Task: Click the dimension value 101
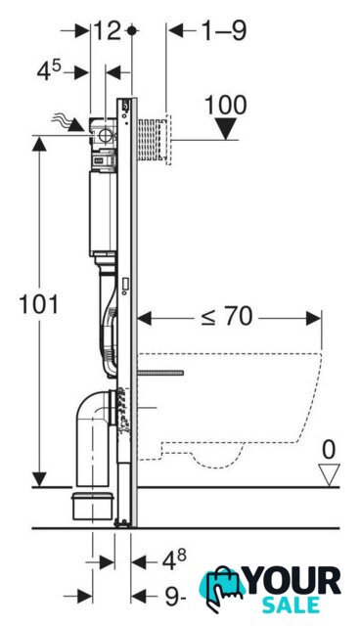[x=39, y=305]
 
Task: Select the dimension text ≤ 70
[x=227, y=317]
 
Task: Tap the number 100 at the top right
[x=226, y=106]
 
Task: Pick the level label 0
[x=329, y=450]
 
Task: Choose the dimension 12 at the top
[x=107, y=30]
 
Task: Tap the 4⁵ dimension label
[x=49, y=71]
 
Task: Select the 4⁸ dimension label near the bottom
[x=174, y=559]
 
